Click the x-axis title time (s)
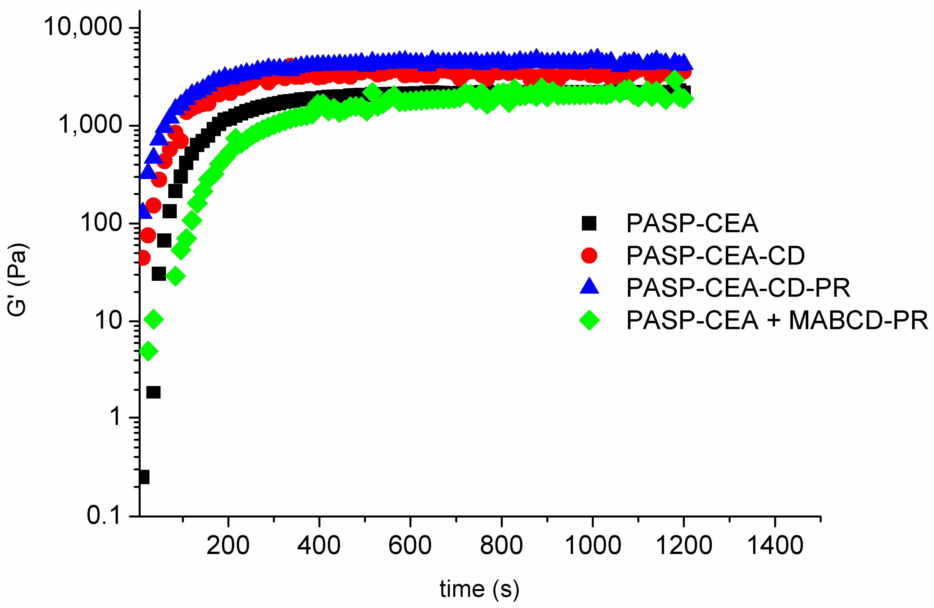click(x=479, y=589)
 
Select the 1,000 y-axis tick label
click(x=90, y=125)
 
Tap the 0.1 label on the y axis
click(x=103, y=515)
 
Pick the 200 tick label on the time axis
click(x=228, y=545)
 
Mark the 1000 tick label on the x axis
click(x=593, y=545)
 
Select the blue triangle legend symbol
click(x=589, y=287)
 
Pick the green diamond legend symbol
click(x=589, y=320)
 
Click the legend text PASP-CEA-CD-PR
click(x=738, y=288)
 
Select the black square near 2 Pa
click(x=153, y=392)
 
